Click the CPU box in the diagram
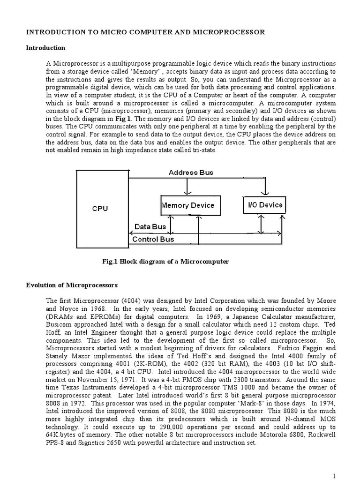click(100, 209)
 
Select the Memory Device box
click(188, 205)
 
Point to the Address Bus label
click(191, 172)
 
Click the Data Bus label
click(150, 227)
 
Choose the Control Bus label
click(153, 239)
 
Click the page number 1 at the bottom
click(334, 476)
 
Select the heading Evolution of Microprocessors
click(72, 285)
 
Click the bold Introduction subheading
click(45, 48)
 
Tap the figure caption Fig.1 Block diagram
click(165, 262)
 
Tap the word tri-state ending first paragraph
click(203, 150)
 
